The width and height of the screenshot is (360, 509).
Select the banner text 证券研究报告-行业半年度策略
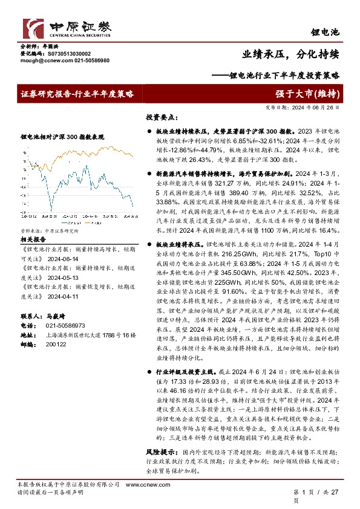click(76, 94)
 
